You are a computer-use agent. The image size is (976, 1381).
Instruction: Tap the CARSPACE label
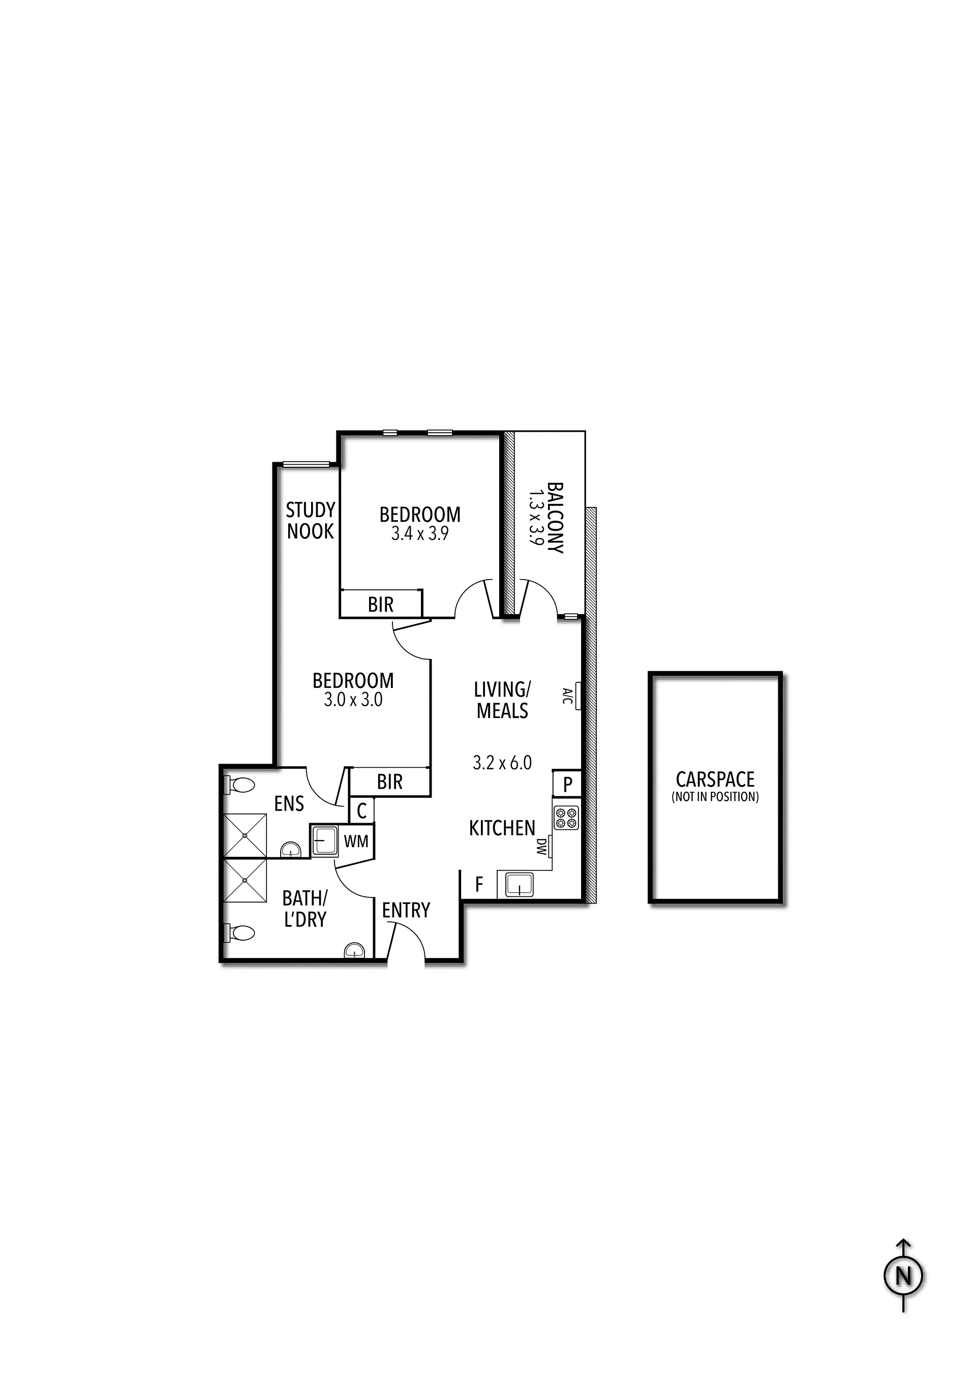tap(715, 779)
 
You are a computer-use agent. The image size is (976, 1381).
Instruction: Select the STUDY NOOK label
tap(310, 521)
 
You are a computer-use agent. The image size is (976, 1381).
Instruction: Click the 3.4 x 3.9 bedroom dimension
tap(420, 533)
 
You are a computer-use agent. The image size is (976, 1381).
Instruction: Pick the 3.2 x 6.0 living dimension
tap(502, 763)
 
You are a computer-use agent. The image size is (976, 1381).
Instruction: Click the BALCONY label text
tap(555, 517)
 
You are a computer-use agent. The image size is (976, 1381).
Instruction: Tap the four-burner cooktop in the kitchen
tap(566, 818)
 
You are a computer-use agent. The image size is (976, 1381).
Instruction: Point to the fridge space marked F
tap(479, 884)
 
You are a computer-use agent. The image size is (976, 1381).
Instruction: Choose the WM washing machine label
tap(356, 842)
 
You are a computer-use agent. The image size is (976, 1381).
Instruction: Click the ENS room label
tap(289, 803)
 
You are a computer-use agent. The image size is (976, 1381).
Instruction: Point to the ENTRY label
tap(406, 910)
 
